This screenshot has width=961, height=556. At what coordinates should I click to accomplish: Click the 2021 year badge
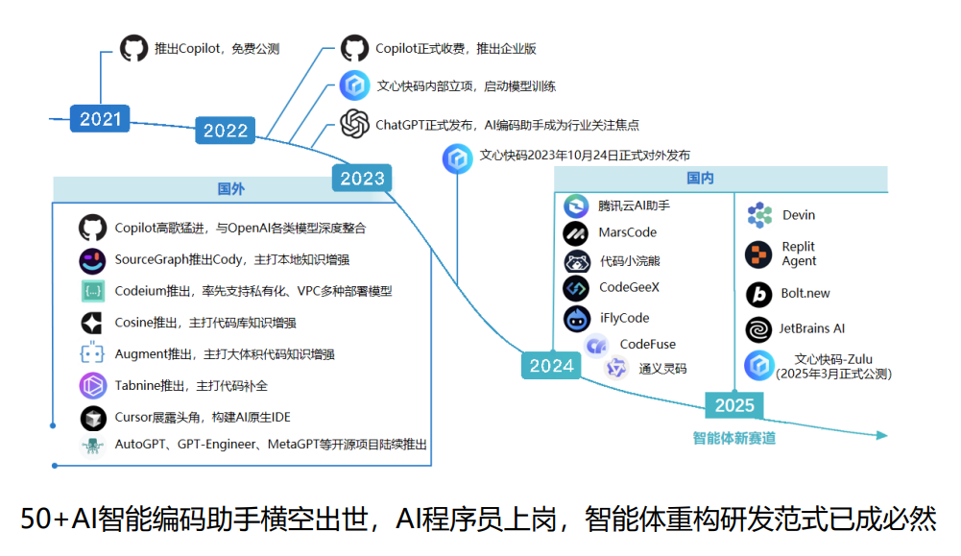[x=100, y=119]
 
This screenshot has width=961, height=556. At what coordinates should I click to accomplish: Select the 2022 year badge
[x=226, y=131]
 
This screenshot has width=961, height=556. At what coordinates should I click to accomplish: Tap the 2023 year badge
[x=362, y=178]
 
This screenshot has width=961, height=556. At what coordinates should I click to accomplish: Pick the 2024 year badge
[x=551, y=365]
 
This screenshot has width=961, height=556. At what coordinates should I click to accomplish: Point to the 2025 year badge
[x=734, y=404]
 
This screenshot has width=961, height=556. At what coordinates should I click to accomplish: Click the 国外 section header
[x=231, y=189]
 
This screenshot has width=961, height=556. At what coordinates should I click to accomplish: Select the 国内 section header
[x=700, y=179]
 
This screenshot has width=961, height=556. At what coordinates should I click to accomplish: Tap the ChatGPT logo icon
[x=354, y=124]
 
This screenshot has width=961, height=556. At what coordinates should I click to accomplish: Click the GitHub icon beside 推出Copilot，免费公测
[x=134, y=48]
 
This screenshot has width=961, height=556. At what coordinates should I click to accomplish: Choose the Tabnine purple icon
[x=93, y=386]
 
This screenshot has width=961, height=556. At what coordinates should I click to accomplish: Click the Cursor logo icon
[x=93, y=418]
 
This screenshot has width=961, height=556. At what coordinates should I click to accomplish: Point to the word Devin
[x=799, y=215]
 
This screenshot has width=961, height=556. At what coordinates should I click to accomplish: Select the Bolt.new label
[x=805, y=293]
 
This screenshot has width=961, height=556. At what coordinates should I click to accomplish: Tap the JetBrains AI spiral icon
[x=759, y=329]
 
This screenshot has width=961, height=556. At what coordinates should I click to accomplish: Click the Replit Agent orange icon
[x=759, y=254]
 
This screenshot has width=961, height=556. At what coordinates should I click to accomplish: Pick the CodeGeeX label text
[x=629, y=287]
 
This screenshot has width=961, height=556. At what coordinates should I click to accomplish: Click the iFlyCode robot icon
[x=576, y=318]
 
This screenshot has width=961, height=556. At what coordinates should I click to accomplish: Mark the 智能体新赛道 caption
[x=734, y=438]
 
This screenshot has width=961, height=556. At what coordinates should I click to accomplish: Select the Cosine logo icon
[x=93, y=323]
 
